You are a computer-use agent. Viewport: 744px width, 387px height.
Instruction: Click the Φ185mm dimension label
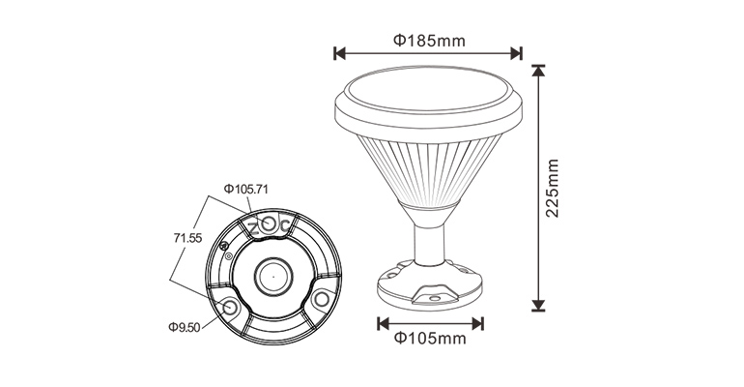click(428, 41)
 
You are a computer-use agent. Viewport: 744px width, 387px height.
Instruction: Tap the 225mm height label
click(553, 189)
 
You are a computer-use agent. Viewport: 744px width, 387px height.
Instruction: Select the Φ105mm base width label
click(429, 339)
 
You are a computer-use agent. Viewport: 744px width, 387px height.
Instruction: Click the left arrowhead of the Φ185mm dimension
click(338, 52)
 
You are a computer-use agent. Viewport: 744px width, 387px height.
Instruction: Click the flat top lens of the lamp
click(428, 93)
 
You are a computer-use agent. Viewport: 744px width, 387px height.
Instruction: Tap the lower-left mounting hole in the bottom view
click(232, 307)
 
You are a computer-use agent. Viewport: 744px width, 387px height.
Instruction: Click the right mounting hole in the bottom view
click(318, 299)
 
